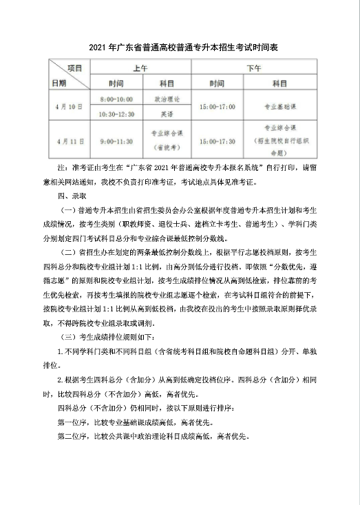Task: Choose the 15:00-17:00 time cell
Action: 217,107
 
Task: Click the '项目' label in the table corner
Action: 74,68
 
